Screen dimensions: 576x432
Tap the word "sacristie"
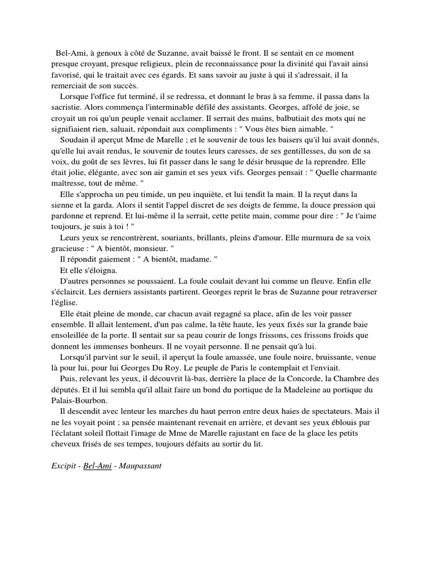(x=68, y=107)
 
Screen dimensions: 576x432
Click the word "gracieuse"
(x=69, y=247)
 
